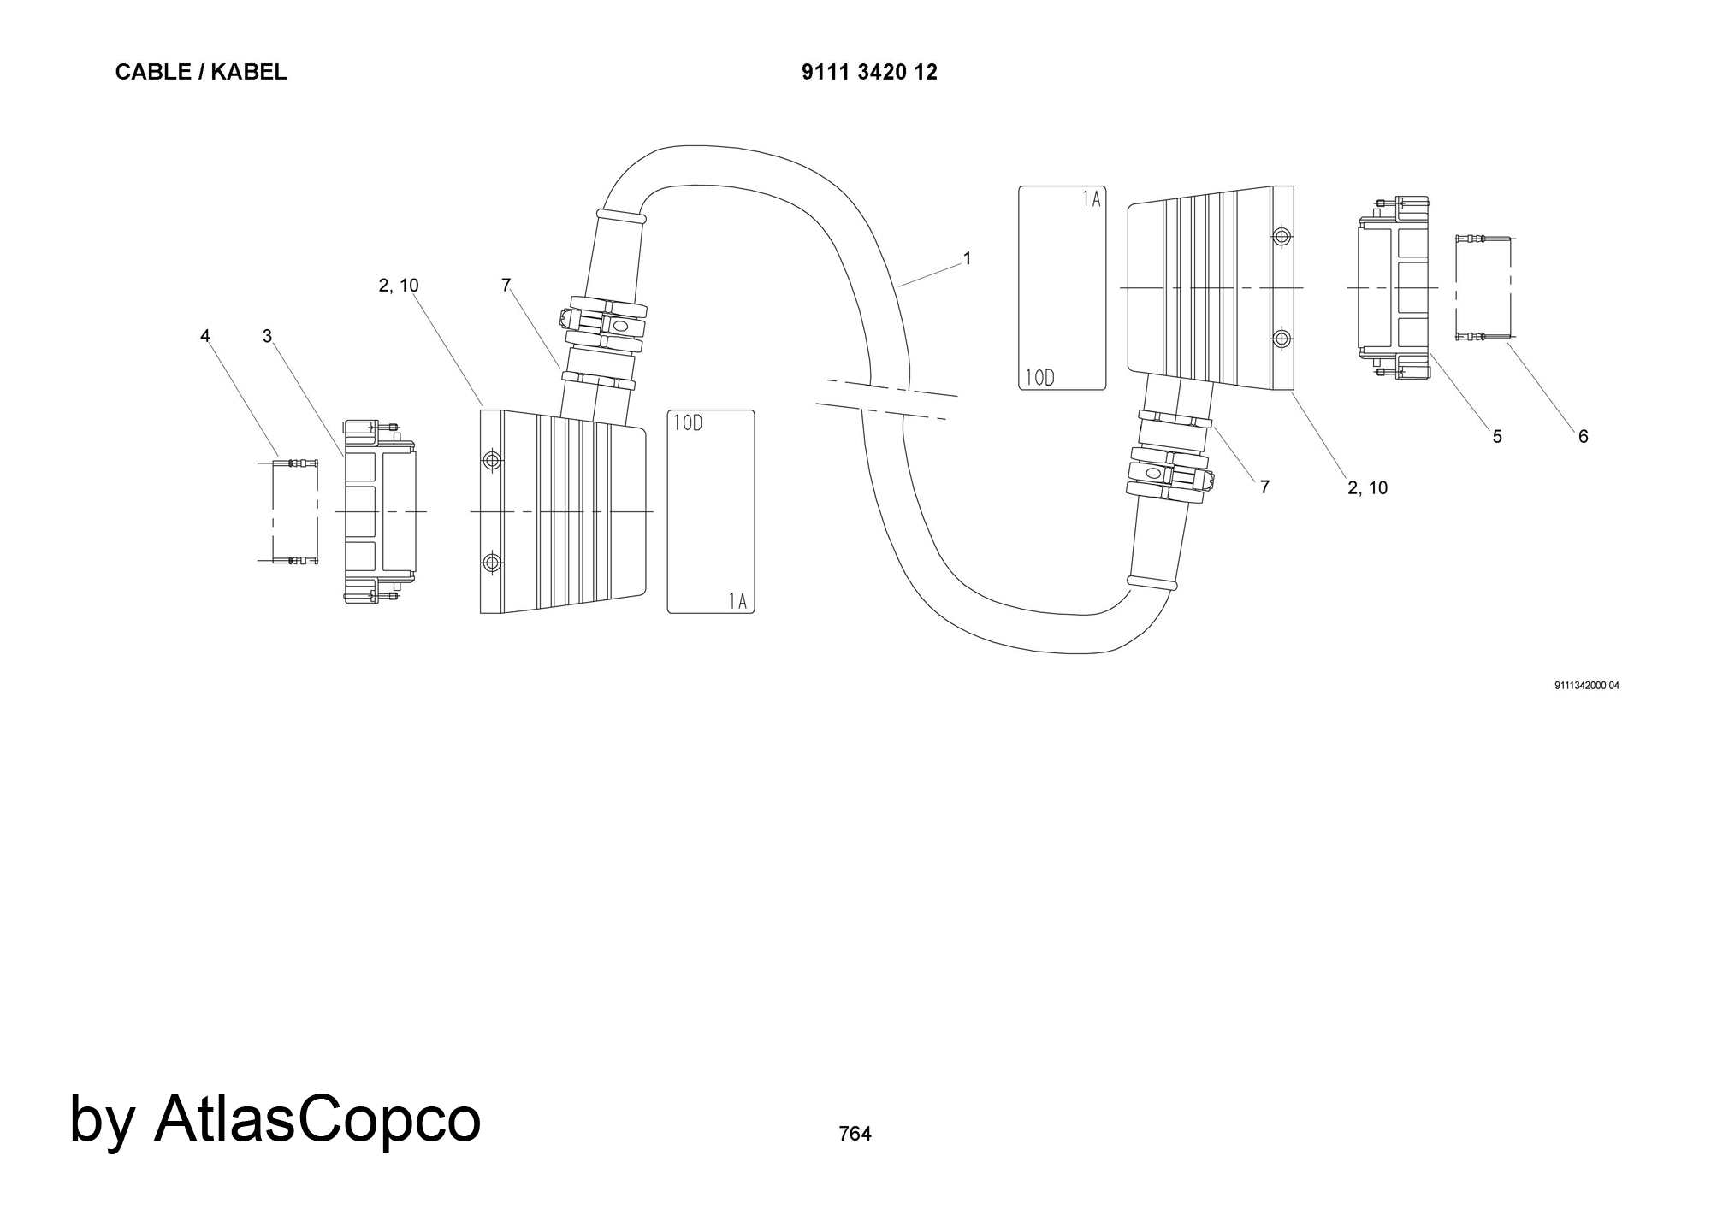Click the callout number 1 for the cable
968,258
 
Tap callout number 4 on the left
205,336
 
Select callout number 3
267,336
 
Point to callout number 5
1497,437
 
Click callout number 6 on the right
1584,437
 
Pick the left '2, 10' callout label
399,286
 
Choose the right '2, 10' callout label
1367,488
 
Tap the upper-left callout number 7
506,286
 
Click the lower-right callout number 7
1264,487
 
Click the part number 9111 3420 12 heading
869,73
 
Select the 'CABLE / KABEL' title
201,73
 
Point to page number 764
855,1134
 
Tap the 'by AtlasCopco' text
275,1118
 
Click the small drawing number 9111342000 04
1587,686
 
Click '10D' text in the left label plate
688,423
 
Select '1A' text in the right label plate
1091,200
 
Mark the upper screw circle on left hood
492,462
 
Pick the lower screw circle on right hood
1282,339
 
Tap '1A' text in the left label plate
737,601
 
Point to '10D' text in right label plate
1040,378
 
